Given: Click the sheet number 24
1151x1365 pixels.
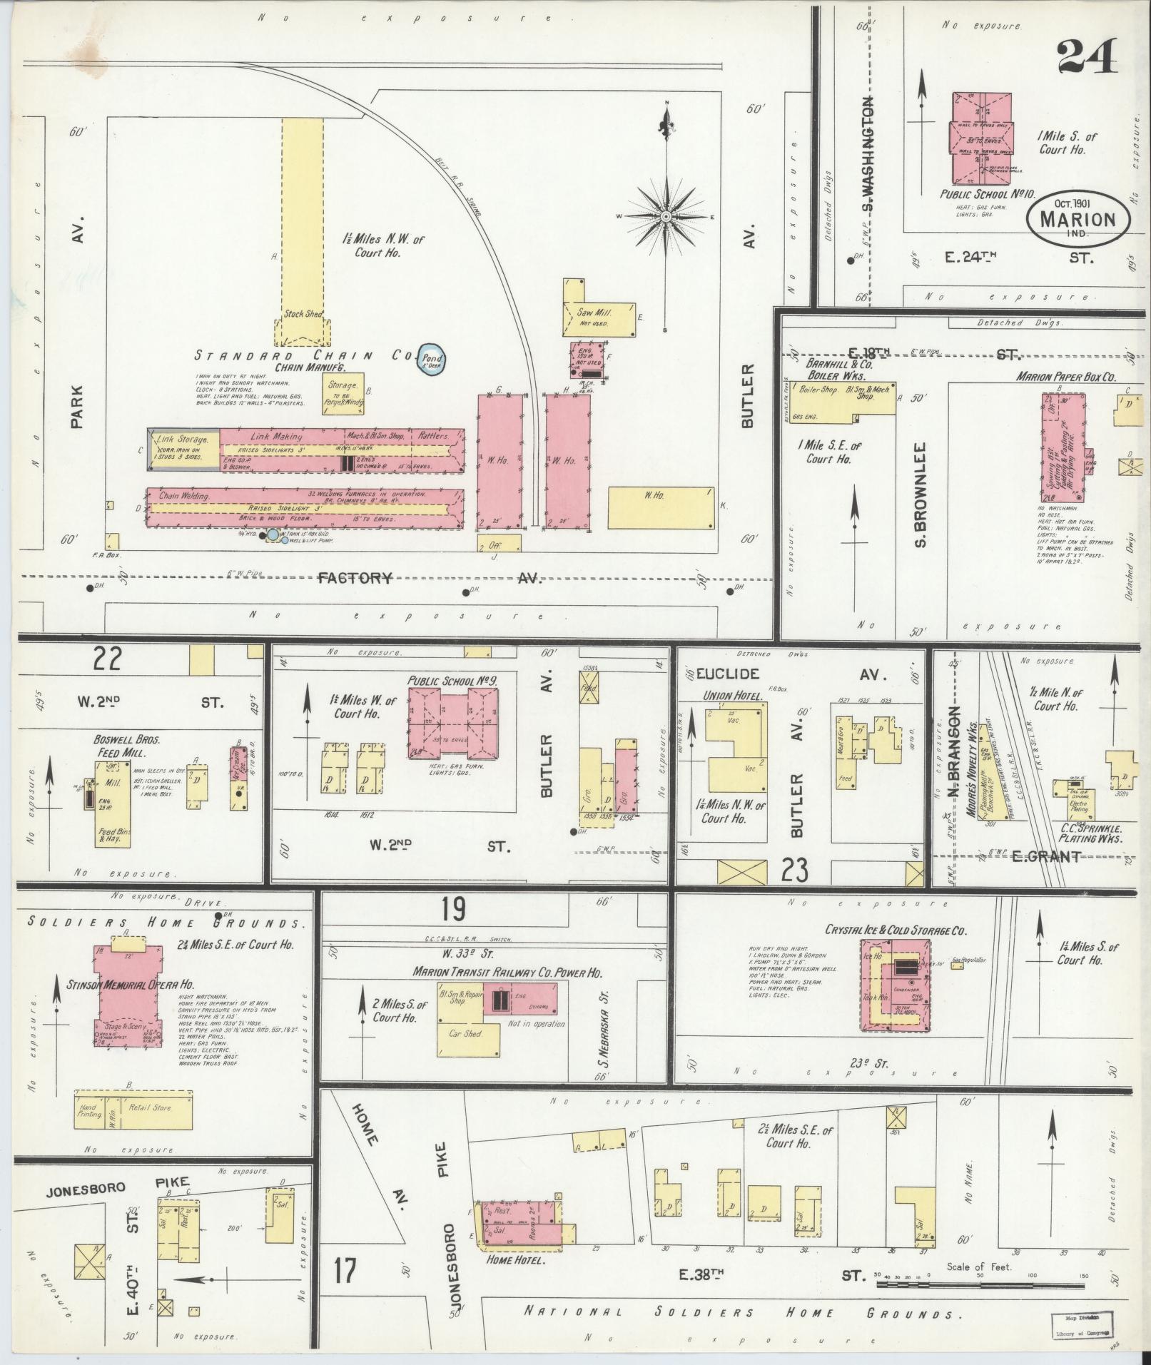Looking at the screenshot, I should click(1087, 57).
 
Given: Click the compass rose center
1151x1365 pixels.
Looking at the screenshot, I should click(665, 216).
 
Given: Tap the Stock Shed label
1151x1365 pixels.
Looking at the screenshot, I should click(303, 313).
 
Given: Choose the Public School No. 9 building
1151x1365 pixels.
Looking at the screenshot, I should click(452, 722).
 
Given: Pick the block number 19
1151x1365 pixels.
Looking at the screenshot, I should click(453, 909).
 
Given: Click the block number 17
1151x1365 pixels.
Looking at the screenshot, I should click(345, 1272).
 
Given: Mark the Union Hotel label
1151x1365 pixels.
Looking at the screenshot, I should click(733, 696).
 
